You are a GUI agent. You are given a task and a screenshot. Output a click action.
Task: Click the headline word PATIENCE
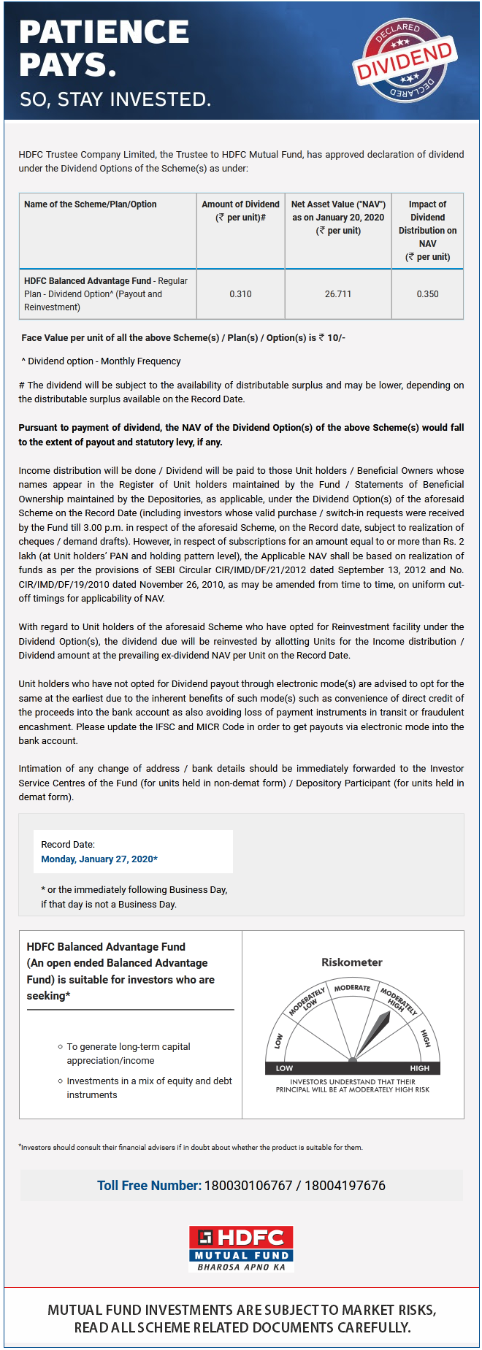click(104, 32)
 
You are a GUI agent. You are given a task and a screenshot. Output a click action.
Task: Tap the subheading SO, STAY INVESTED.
click(115, 99)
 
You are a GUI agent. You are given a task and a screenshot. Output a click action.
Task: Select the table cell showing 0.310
click(240, 294)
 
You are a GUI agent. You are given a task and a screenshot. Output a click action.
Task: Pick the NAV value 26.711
click(338, 294)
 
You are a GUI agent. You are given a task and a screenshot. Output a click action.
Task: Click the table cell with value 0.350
click(427, 294)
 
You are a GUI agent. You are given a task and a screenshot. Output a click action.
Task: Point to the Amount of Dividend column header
click(240, 211)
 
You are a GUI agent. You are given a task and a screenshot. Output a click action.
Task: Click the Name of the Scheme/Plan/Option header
click(91, 204)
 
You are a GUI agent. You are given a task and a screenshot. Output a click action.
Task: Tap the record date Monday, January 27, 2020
click(99, 859)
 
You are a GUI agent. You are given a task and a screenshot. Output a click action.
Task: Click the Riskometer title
click(352, 962)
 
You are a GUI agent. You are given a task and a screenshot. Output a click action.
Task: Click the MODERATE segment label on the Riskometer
click(352, 988)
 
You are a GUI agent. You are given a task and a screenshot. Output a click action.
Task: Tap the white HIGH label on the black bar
click(419, 1068)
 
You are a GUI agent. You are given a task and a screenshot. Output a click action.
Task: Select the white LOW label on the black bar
click(285, 1068)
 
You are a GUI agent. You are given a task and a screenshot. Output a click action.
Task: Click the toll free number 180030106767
click(248, 1186)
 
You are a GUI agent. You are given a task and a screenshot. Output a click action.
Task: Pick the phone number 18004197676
click(345, 1186)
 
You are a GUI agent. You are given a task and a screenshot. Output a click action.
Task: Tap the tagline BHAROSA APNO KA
click(241, 1267)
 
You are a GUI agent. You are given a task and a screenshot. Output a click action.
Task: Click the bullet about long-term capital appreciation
click(129, 1053)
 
